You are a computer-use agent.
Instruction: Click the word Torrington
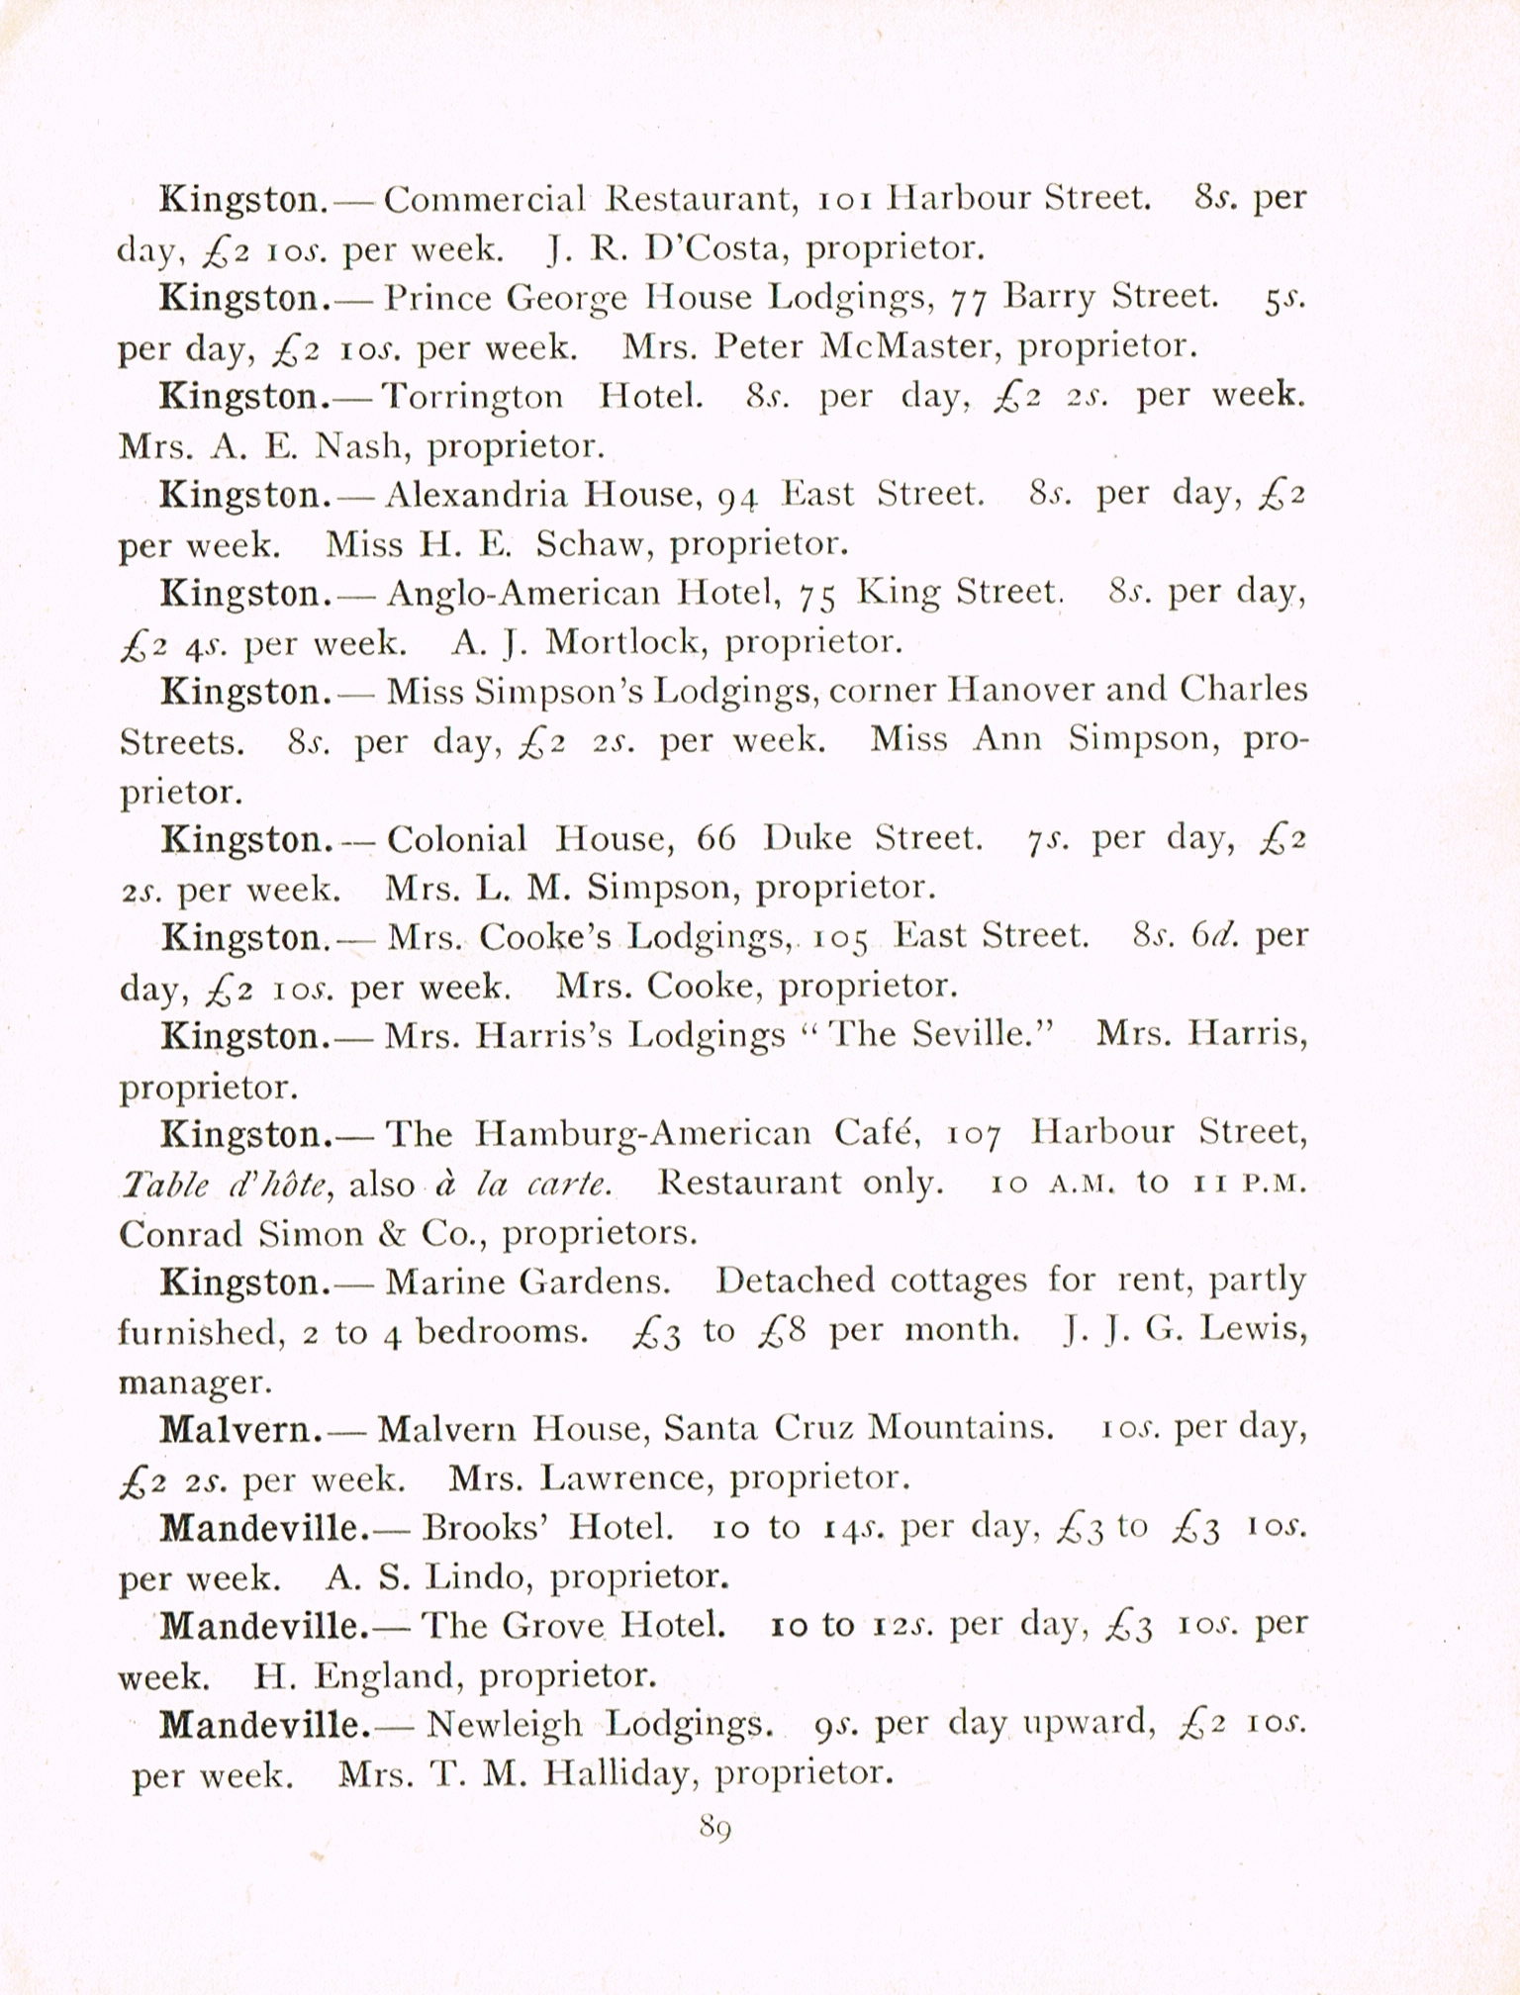point(472,397)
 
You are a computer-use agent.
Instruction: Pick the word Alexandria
point(476,494)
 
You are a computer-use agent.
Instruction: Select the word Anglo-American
point(522,593)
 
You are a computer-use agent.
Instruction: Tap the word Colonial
point(456,839)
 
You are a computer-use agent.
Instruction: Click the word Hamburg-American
point(642,1133)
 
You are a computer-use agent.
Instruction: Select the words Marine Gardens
point(526,1282)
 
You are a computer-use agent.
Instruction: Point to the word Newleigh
point(504,1726)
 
